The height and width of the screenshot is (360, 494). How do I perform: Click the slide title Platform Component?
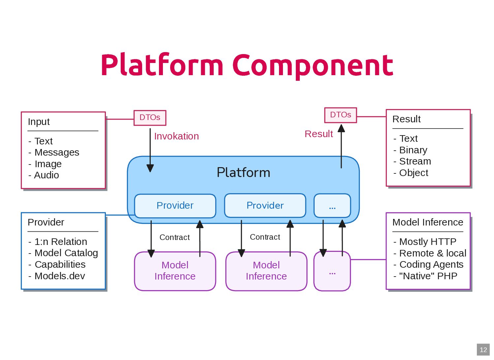click(x=247, y=65)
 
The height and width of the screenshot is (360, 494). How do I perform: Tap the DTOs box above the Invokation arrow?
click(x=150, y=118)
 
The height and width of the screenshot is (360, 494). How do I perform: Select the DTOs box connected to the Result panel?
click(x=340, y=115)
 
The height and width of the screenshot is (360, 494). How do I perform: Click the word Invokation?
click(x=176, y=136)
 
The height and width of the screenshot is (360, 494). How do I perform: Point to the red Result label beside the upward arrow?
click(x=319, y=134)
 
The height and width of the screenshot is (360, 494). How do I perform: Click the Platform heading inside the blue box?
click(x=243, y=172)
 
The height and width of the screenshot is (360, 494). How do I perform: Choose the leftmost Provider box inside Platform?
click(x=175, y=206)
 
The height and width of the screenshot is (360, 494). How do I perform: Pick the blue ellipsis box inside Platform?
click(x=332, y=206)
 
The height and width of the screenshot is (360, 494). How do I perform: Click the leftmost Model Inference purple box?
click(x=175, y=271)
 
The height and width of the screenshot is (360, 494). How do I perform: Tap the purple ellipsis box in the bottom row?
click(x=332, y=271)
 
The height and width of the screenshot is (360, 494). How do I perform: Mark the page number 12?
click(x=483, y=350)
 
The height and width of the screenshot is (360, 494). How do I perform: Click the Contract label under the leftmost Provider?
click(x=174, y=237)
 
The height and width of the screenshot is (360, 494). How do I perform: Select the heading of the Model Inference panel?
click(x=428, y=222)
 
